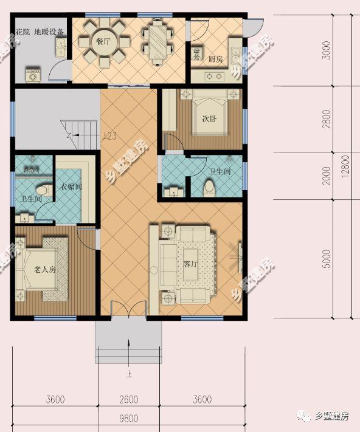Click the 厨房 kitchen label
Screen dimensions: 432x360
tap(216, 60)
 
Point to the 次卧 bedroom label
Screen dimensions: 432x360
tap(209, 119)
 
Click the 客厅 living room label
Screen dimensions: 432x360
tap(190, 264)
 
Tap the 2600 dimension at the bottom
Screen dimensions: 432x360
tap(129, 399)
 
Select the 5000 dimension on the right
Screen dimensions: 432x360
tap(328, 258)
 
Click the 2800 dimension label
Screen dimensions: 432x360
tap(328, 119)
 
